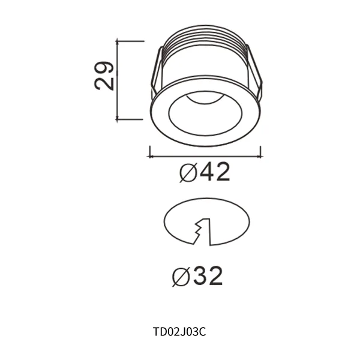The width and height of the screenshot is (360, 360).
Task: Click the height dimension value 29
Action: [104, 76]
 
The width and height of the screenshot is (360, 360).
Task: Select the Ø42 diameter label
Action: [205, 173]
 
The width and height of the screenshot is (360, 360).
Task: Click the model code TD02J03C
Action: [180, 331]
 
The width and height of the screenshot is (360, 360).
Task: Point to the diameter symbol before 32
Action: [181, 277]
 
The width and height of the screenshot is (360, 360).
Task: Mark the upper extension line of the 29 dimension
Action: [130, 41]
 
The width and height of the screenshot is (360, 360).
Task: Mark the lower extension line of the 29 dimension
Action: [130, 119]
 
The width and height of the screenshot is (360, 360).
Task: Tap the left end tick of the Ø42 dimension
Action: [148, 152]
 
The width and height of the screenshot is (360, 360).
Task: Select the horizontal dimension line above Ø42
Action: [204, 156]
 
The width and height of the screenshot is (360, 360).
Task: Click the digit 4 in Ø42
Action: [207, 173]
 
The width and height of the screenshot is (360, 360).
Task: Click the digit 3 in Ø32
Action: [199, 276]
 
